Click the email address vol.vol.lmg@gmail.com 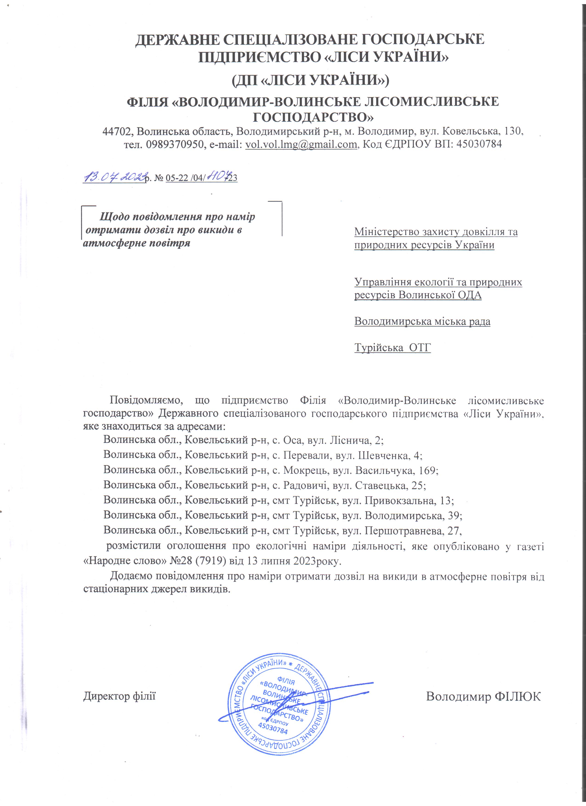(301, 144)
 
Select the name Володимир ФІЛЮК (483, 696)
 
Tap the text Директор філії (119, 696)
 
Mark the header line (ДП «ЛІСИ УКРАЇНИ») (310, 81)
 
